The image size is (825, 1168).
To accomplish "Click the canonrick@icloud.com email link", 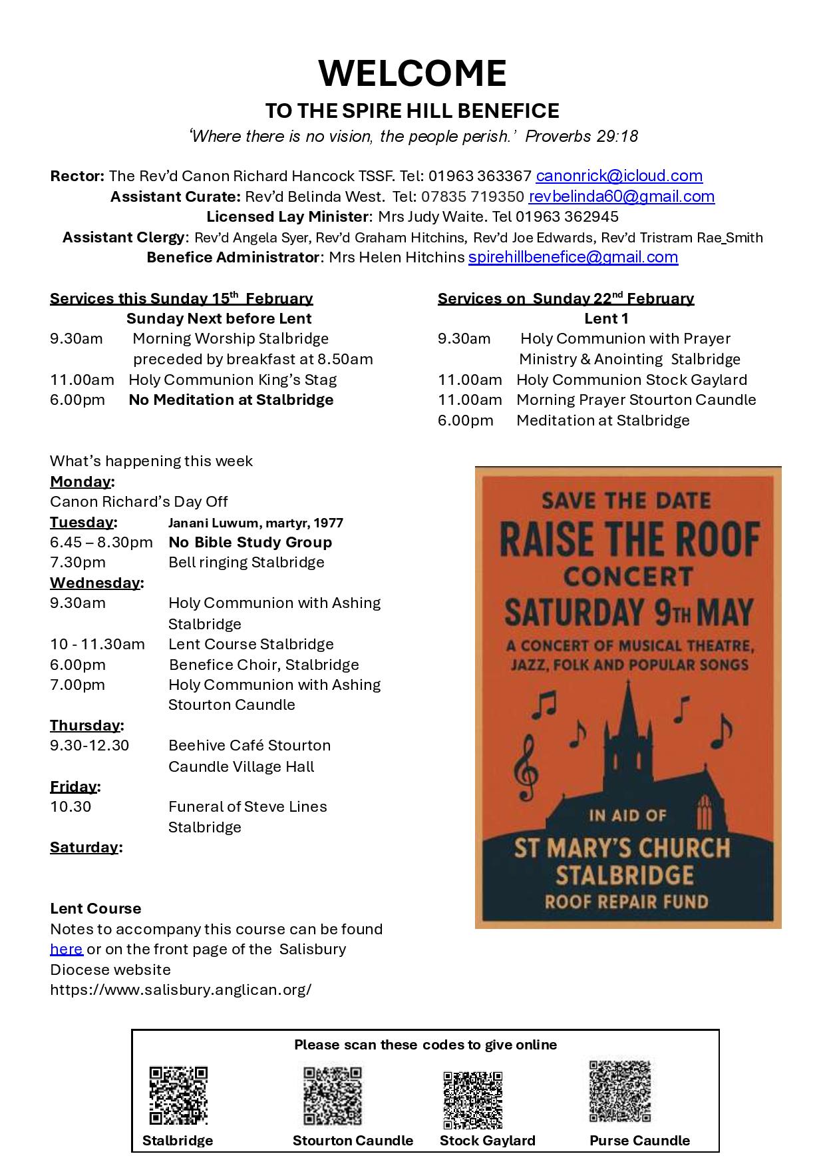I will tap(619, 176).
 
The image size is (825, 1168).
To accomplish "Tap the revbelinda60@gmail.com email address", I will tap(621, 196).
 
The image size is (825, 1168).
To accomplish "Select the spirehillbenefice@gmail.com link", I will tap(573, 257).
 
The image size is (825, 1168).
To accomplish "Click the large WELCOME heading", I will tap(412, 73).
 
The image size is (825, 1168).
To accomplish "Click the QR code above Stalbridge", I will tap(178, 1095).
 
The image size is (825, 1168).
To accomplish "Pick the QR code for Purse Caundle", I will tap(619, 1091).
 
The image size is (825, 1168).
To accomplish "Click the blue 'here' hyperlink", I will tap(66, 949).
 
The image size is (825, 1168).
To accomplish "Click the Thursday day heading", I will tap(86, 725).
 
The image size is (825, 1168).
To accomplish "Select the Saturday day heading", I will tap(84, 847).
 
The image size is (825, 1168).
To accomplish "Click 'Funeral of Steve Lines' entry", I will tap(247, 806).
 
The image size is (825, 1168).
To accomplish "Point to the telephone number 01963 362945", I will tap(567, 216).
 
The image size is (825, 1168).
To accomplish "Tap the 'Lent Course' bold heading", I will tap(95, 908).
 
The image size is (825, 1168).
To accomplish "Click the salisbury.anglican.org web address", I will tap(180, 990).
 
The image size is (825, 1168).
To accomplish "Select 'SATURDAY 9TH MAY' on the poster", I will tap(628, 613).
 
